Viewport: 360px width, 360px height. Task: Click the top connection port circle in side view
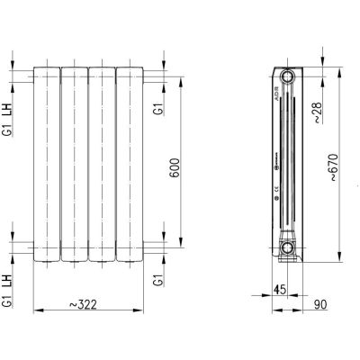pyautogui.click(x=287, y=76)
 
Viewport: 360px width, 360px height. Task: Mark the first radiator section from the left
pyautogui.click(x=46, y=162)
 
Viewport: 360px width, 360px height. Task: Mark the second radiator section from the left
pyautogui.click(x=75, y=162)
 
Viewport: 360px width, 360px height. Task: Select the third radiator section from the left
pyautogui.click(x=104, y=162)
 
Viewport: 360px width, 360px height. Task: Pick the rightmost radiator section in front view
pyautogui.click(x=133, y=162)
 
